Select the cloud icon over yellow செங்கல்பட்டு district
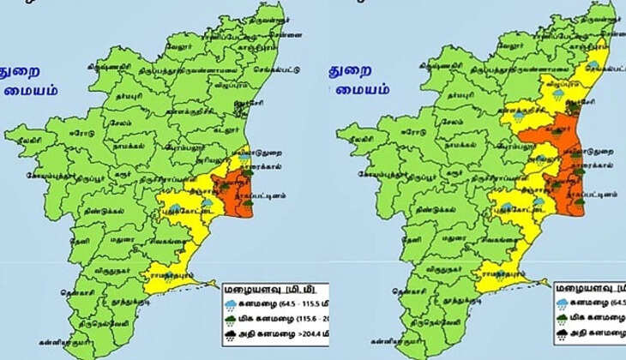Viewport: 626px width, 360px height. point(593,65)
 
